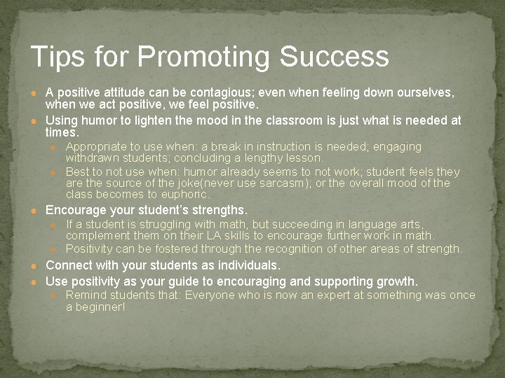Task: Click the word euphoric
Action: [x=184, y=195]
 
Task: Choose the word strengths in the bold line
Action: [x=215, y=210]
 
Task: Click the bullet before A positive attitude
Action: [x=33, y=93]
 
